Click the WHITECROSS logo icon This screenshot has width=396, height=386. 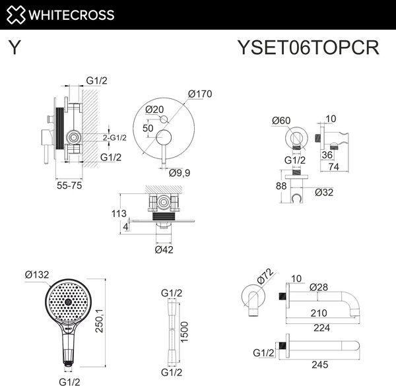click(x=15, y=15)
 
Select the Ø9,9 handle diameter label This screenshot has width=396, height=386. click(x=180, y=173)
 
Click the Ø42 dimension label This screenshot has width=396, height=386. click(x=164, y=249)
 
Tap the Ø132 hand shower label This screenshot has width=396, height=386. click(x=38, y=274)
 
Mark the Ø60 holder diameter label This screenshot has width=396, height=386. click(x=282, y=121)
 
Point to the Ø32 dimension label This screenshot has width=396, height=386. click(x=325, y=192)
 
